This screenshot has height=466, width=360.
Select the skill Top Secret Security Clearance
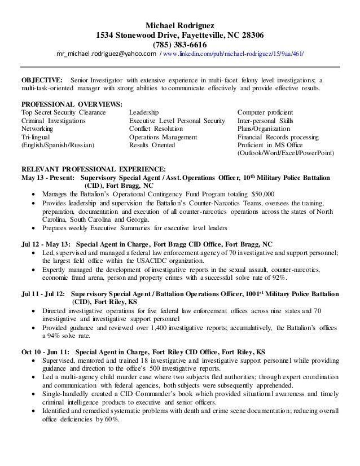tap(63, 113)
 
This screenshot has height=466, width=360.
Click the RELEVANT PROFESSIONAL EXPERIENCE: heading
tap(93, 169)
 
